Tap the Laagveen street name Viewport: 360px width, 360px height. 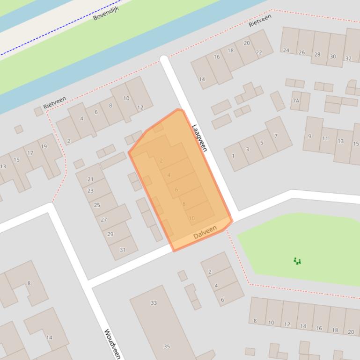point(199,137)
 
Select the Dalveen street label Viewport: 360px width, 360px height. point(205,232)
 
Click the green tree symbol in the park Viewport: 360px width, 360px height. point(297,261)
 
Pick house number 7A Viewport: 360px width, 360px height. point(295,101)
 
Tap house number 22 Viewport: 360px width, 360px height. point(259,52)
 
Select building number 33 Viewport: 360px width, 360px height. point(154,303)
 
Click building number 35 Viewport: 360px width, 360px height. point(167,346)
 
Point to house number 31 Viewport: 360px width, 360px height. point(123,250)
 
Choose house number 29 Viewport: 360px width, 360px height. point(110,234)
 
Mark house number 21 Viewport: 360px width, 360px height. point(90,179)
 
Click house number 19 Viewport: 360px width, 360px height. point(44,146)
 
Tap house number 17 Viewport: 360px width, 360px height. point(30,153)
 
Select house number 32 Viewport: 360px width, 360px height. point(348,58)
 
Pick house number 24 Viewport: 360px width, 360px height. point(286,50)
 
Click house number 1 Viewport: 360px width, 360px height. point(233,156)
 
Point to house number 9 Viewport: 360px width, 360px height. point(309,137)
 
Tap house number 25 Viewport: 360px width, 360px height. point(97,205)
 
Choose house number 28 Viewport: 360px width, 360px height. point(317,55)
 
